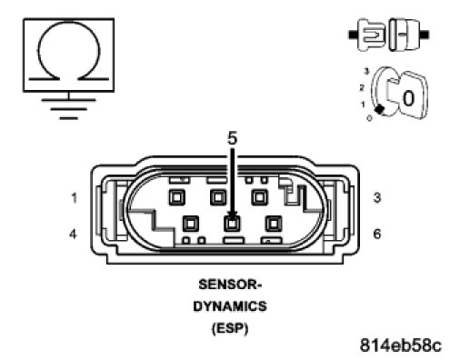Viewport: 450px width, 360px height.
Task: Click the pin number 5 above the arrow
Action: click(232, 138)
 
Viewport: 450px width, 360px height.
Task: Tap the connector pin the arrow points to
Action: click(232, 224)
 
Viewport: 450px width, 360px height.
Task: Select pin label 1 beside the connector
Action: click(74, 198)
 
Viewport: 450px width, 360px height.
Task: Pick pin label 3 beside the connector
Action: click(377, 197)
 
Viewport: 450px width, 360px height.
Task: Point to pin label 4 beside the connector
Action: click(73, 234)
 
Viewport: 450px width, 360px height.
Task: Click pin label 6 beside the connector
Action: click(377, 234)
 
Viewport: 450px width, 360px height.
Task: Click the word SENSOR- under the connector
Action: click(230, 285)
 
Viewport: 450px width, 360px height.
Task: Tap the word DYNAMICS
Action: click(230, 306)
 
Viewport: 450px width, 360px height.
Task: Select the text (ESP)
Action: click(230, 328)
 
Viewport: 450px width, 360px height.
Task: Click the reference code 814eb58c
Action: click(401, 345)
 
